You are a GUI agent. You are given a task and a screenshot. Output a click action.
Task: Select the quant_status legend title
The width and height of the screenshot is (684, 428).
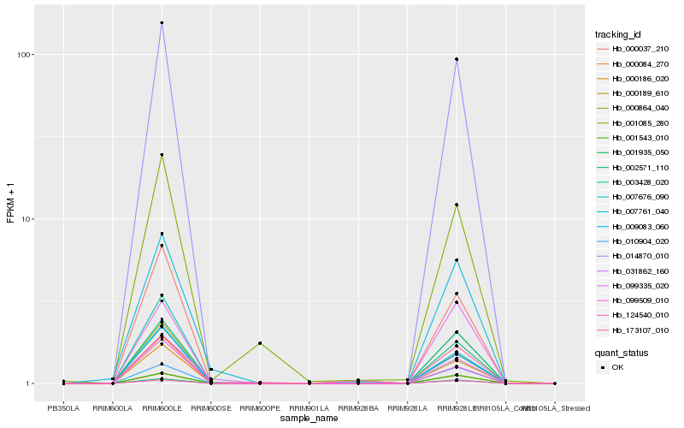pyautogui.click(x=622, y=352)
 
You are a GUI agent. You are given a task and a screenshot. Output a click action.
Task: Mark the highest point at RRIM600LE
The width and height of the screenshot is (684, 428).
pyautogui.click(x=162, y=23)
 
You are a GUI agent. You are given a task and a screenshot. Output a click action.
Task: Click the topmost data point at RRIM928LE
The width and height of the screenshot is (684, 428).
pyautogui.click(x=457, y=59)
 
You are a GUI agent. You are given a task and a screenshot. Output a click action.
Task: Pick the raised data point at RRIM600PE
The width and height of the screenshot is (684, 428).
pyautogui.click(x=260, y=342)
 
